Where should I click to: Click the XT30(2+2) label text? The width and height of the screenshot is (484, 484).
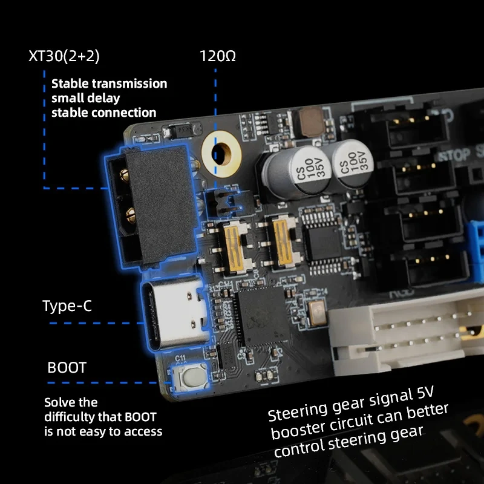(64, 56)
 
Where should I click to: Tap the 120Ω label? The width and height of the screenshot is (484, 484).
(218, 56)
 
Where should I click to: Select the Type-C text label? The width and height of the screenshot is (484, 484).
(67, 306)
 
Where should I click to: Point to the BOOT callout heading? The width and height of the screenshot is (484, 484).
(67, 368)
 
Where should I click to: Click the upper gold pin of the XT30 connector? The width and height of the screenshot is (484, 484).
(124, 176)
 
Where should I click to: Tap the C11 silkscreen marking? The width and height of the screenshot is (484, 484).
(180, 359)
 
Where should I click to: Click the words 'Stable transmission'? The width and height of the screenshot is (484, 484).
(109, 83)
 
